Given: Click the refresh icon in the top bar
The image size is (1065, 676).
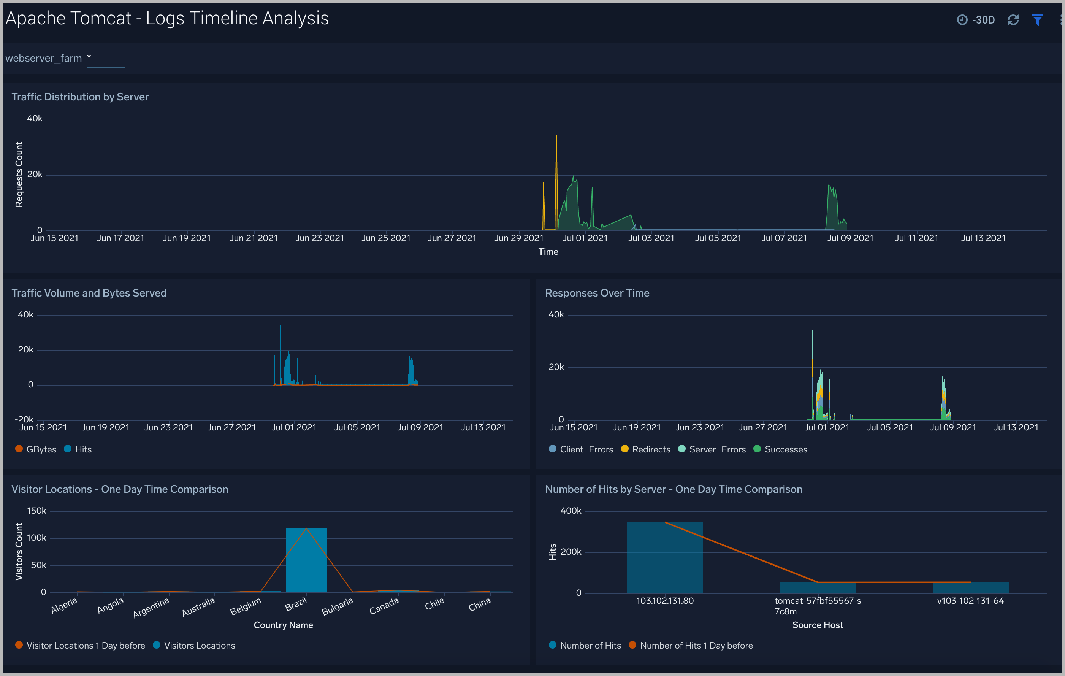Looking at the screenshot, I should pos(1013,20).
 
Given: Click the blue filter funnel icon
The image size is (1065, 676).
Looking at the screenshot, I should pos(1037,20).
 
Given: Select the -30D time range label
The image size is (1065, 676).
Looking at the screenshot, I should pos(983,20).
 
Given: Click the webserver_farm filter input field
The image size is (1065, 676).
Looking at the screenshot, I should pos(105,59).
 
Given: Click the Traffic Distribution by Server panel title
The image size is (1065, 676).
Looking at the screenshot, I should pos(80,97).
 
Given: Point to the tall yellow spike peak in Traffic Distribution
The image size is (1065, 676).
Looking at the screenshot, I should pos(556,136).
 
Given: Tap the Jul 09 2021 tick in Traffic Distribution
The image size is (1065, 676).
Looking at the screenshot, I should pos(850,238).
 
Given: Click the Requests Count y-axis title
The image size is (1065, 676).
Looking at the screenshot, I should pos(19,174).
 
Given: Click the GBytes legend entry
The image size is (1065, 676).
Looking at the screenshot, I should pos(36,449).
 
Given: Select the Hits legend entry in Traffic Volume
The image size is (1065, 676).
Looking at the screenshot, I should pos(78,449).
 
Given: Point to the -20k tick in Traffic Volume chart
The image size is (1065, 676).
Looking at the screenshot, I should pos(24,419).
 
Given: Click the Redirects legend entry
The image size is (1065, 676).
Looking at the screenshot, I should pos(646,449).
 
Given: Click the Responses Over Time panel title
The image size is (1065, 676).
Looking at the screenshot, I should pos(597,293).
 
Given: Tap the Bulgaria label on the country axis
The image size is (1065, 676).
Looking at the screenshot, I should pos(338,606).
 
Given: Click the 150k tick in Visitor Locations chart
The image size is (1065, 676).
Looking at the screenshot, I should pos(36,511).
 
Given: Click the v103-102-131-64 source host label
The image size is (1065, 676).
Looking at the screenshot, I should pos(970,601).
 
